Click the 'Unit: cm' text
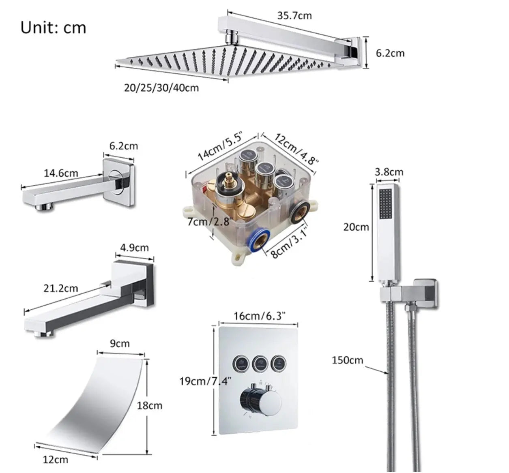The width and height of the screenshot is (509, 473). coord(53,28)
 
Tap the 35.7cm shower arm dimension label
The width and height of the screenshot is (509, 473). coord(294,15)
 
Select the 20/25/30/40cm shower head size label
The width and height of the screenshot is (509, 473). coord(161,88)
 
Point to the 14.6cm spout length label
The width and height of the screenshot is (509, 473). coord(61,173)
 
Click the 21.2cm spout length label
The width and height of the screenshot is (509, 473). coord(60,289)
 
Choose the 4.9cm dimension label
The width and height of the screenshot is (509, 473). coord(134,247)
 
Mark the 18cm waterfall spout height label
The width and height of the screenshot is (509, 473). coord(149,405)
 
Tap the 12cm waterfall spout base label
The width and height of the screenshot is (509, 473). coord(56,459)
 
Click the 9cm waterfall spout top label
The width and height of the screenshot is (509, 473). coord(120,344)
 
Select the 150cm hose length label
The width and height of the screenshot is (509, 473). coord(348,360)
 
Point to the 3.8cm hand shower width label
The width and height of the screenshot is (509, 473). coord(389,172)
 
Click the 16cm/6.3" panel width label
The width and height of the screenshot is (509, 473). coord(260,315)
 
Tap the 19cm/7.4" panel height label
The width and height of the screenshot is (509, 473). coord(206,381)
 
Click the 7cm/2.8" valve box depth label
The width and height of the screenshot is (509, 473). coord(210,222)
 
